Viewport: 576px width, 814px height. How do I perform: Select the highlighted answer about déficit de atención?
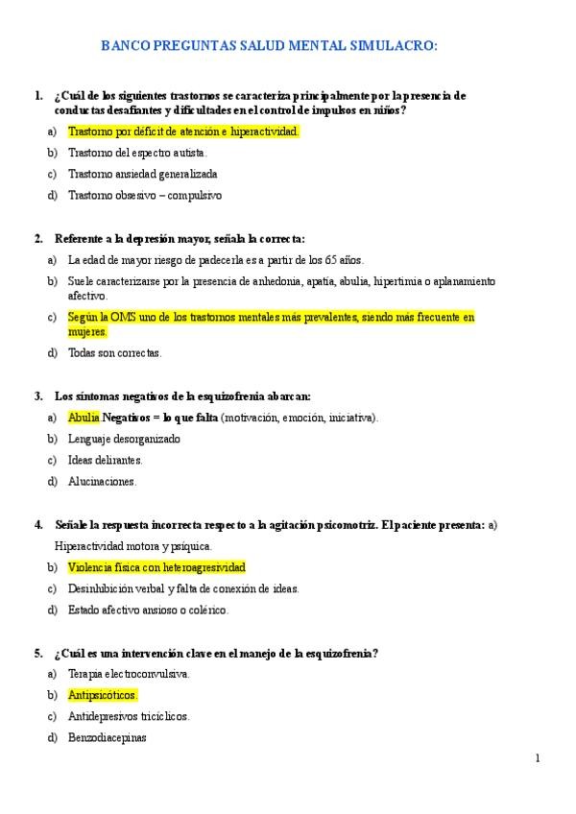point(183,132)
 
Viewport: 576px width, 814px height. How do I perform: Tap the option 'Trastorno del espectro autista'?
point(137,153)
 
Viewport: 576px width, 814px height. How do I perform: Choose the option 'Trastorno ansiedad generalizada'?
point(142,174)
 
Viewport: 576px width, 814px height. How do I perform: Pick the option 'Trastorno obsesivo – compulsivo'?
point(144,195)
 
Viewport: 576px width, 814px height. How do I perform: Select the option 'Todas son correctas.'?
point(114,352)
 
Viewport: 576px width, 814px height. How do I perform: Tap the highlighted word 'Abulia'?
point(84,418)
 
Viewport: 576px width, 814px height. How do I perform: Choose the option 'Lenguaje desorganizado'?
point(124,439)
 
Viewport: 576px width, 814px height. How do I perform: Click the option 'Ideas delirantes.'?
point(105,460)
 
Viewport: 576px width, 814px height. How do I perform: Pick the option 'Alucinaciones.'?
point(102,481)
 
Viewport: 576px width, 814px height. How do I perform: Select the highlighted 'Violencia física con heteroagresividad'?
point(156,567)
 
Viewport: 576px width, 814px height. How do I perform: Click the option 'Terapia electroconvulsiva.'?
point(129,674)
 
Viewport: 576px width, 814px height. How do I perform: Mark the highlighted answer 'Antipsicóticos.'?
point(103,695)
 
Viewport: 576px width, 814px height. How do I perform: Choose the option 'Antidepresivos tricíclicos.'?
point(129,716)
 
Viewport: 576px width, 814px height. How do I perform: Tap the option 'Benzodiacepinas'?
point(107,737)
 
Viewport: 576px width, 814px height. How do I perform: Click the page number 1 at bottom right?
point(538,758)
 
